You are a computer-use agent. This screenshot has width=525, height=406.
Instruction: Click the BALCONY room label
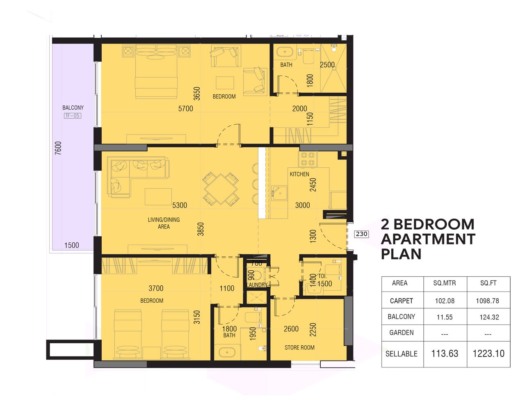[73, 107]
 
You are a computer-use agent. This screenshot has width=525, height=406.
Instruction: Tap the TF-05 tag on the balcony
[73, 116]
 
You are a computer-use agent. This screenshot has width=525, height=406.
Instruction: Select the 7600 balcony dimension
[58, 148]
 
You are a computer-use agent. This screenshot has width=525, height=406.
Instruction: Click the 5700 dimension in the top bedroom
[185, 109]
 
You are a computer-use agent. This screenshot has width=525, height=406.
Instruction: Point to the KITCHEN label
[299, 174]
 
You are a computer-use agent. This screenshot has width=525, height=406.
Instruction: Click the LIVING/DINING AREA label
[164, 223]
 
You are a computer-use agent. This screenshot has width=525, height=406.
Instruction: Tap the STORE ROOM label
[299, 347]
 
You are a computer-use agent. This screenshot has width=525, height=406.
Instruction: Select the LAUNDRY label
[257, 285]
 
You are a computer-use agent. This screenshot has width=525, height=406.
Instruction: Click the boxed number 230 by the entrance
[361, 234]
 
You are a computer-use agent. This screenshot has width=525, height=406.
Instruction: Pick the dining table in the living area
[221, 189]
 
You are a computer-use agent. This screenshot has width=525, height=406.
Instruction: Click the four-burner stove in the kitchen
[308, 159]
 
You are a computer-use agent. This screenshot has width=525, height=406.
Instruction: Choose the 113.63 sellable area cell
[445, 354]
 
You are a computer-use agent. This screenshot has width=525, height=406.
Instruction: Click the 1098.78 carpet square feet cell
[487, 301]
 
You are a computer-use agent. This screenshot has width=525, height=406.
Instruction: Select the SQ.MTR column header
[444, 283]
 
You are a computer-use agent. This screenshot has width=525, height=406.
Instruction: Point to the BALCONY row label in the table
[401, 317]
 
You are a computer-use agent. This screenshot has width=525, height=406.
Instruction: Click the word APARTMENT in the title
[428, 239]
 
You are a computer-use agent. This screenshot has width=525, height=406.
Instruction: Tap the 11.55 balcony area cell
[445, 317]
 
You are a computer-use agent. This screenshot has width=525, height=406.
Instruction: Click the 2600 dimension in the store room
[291, 329]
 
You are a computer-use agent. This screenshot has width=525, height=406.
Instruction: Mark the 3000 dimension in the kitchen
[302, 205]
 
